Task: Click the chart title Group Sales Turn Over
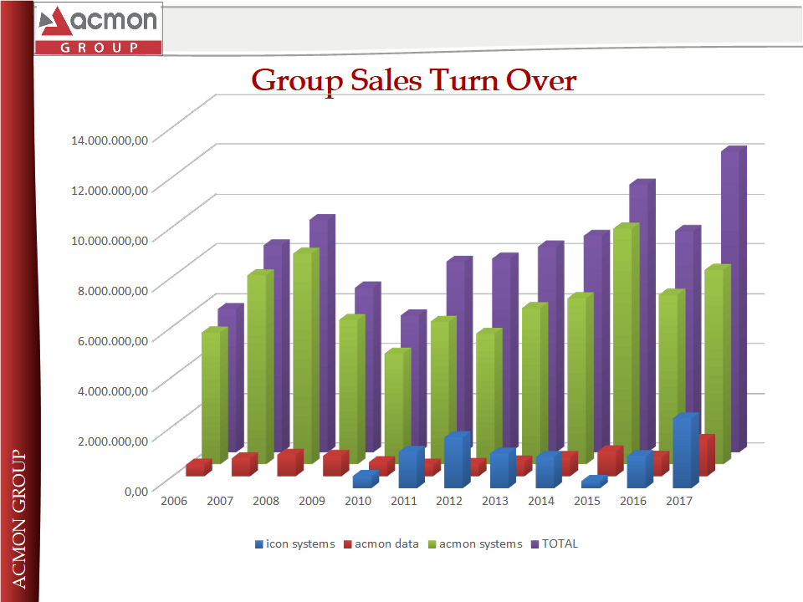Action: click(x=414, y=80)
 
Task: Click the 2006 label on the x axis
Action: click(x=174, y=501)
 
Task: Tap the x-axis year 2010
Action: click(x=357, y=501)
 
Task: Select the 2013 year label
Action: click(x=495, y=501)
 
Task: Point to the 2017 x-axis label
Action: click(x=678, y=501)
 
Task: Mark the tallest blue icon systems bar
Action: click(x=684, y=451)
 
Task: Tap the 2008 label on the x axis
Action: click(x=266, y=501)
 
